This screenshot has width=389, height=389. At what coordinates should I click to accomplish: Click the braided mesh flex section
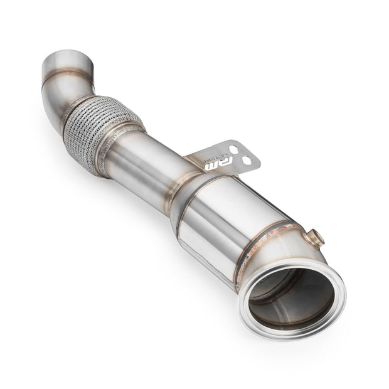point(93,124)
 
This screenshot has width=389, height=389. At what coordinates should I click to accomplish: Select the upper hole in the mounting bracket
point(233,149)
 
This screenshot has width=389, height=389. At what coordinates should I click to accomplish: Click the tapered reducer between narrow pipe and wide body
point(182,182)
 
